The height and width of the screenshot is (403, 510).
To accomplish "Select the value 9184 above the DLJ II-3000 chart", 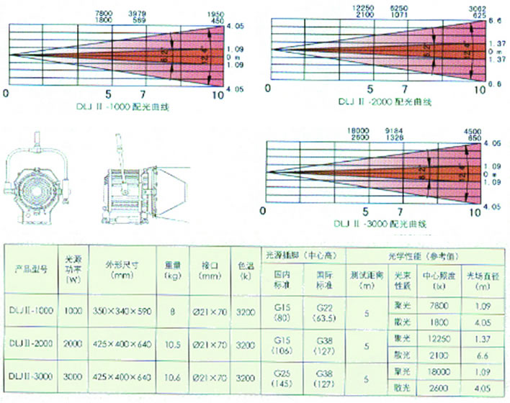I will [x=398, y=130].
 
